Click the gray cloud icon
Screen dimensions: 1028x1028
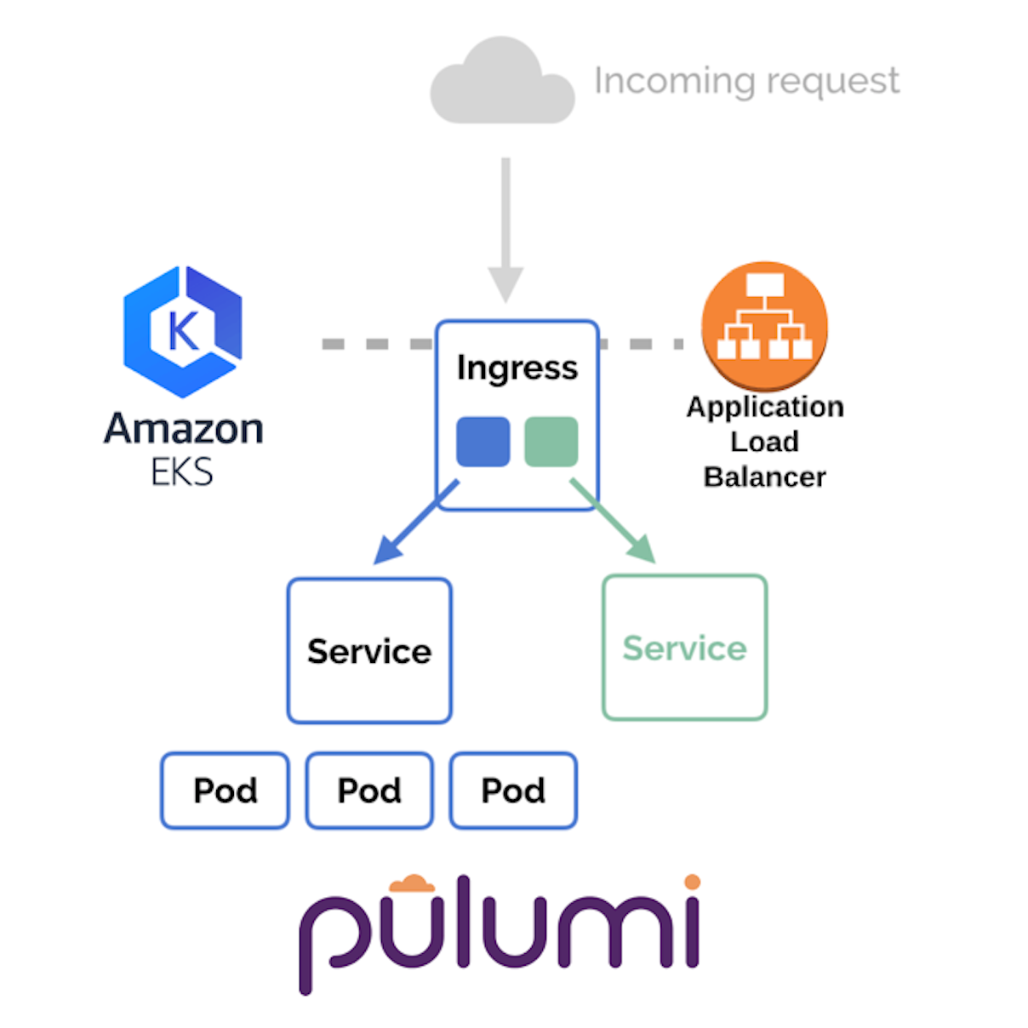(x=502, y=85)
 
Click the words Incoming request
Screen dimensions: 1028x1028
(x=745, y=82)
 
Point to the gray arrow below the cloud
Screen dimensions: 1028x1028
(x=505, y=230)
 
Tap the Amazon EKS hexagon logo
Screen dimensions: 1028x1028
(x=183, y=332)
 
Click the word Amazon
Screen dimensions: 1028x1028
(x=183, y=428)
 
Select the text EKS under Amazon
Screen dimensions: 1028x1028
(x=181, y=472)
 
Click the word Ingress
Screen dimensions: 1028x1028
(x=517, y=368)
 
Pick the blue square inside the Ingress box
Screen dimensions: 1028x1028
(x=483, y=442)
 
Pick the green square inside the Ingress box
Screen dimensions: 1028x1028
(x=551, y=442)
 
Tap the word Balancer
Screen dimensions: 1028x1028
(x=764, y=477)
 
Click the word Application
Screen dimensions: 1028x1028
(x=764, y=407)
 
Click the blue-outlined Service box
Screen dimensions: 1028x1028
(x=369, y=651)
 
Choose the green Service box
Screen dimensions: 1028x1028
(x=684, y=648)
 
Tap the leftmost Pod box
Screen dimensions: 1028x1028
(x=225, y=791)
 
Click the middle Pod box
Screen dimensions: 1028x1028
(x=369, y=791)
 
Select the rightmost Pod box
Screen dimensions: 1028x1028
(x=513, y=791)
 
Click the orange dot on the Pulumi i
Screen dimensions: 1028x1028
(x=692, y=882)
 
